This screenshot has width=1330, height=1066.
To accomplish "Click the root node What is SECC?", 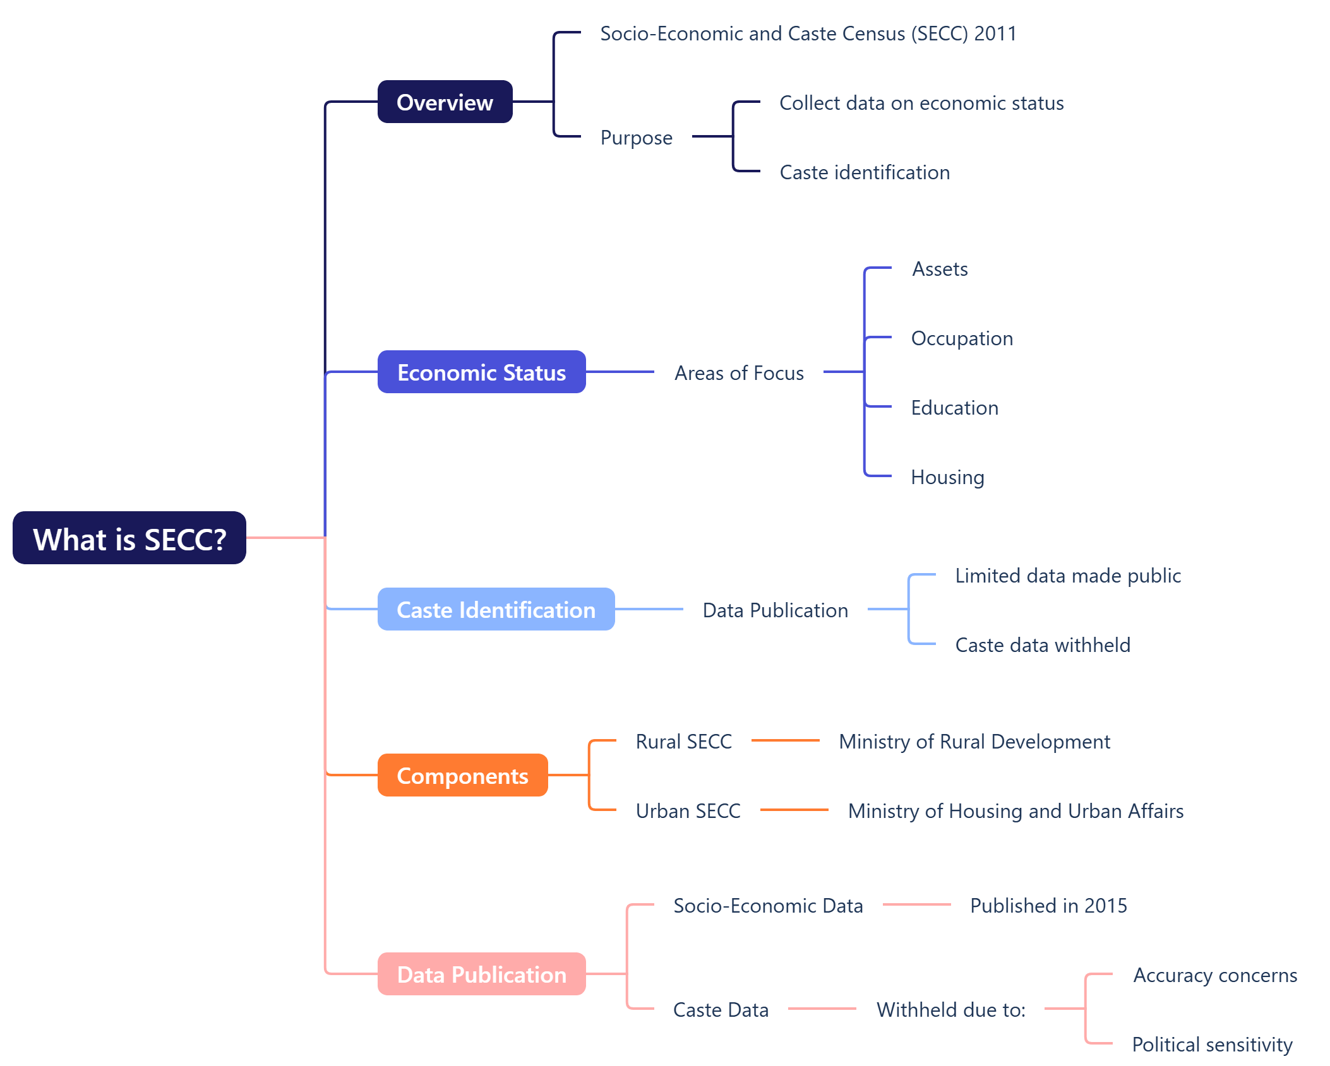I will point(129,538).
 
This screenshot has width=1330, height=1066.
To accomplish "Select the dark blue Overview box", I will point(445,102).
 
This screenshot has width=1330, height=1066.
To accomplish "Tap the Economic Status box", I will point(481,372).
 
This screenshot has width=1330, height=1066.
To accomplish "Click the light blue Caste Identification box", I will point(496,610).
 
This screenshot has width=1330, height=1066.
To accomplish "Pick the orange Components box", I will point(462,776).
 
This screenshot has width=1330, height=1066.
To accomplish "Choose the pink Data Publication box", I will point(481,974).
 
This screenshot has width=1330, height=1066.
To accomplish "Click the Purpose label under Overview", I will point(636,138).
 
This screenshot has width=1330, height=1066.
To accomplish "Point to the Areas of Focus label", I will point(739,373).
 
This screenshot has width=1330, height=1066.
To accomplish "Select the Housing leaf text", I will point(947,477).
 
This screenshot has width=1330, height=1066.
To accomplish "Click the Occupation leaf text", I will point(962,338).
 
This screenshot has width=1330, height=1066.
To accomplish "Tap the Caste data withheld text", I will point(1043,645).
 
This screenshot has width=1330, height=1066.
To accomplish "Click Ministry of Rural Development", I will point(974,742).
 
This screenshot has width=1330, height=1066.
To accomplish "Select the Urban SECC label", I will point(688,811).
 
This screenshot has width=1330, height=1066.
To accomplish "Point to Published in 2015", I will point(1048,906).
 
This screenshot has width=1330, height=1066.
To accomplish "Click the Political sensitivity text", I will point(1212,1045).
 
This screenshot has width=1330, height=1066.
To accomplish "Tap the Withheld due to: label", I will point(950,1010).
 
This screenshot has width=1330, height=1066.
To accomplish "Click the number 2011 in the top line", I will point(995,33).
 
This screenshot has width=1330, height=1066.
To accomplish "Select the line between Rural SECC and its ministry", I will point(785,740).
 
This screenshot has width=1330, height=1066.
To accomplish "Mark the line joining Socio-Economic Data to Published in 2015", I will point(916,904).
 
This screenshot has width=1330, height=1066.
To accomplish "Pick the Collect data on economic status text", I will point(921,103).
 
